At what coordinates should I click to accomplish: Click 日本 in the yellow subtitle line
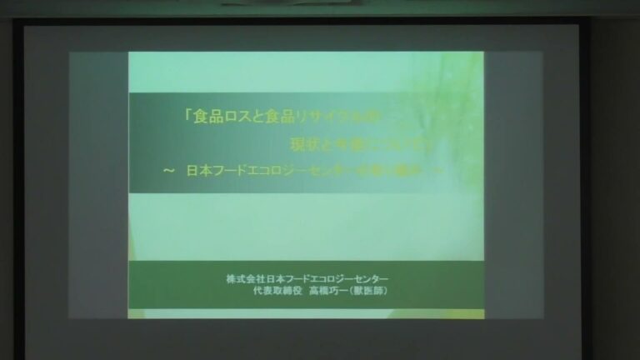tap(197, 170)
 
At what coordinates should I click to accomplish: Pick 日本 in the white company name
tap(274, 278)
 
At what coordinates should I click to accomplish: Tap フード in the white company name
tap(297, 278)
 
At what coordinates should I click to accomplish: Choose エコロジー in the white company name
tap(333, 278)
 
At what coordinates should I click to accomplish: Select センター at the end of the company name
tap(373, 278)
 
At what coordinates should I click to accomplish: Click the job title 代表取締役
tap(273, 291)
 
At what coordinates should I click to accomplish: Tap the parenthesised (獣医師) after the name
tap(370, 291)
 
